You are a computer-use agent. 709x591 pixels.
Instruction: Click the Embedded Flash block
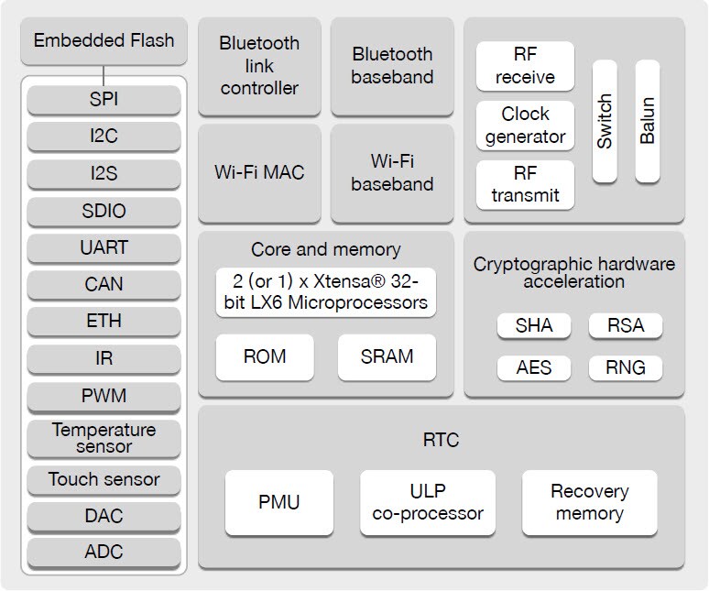pos(104,41)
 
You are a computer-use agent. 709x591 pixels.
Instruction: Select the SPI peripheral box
pos(104,99)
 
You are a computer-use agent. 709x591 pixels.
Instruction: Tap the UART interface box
pos(104,247)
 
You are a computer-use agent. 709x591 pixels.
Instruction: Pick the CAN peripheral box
pos(104,284)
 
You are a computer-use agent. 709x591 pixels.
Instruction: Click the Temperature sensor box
pos(104,438)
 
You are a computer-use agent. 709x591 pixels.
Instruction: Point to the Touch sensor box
pos(104,479)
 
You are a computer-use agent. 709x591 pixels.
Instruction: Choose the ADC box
pos(104,552)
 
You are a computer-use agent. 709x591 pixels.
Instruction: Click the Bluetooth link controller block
pos(259,66)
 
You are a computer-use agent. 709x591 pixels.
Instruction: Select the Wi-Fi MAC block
pos(259,172)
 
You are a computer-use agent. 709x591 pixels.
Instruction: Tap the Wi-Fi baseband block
pos(391,172)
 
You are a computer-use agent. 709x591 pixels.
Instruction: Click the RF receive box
pos(525,66)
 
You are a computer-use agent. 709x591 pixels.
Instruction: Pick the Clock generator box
pos(525,126)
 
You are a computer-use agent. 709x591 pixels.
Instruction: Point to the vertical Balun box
pos(648,120)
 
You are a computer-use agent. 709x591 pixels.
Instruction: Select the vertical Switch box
pos(605,120)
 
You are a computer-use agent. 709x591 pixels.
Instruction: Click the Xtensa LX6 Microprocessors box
pos(325,292)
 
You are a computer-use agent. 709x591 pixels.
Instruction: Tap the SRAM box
pos(387,356)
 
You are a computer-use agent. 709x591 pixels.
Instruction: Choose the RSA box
pos(625,325)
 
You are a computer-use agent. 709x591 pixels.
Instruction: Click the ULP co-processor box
pos(428,502)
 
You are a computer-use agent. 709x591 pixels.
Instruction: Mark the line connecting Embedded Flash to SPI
pos(104,73)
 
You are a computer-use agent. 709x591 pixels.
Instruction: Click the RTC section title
pos(441,440)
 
